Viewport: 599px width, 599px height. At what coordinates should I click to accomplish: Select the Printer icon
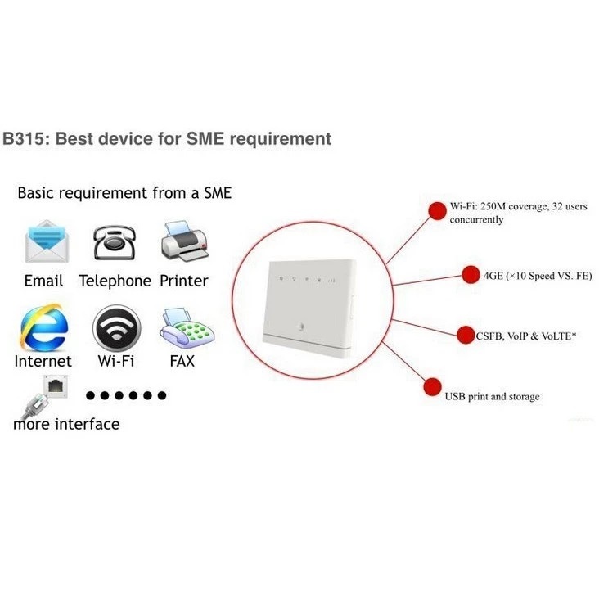[x=185, y=241]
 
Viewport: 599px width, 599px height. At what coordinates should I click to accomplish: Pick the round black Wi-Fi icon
[x=115, y=328]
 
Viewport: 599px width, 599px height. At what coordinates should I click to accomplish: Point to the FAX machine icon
[x=184, y=328]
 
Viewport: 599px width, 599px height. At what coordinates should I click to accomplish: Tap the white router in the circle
[x=309, y=306]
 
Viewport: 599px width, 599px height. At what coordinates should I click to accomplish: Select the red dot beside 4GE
[x=470, y=275]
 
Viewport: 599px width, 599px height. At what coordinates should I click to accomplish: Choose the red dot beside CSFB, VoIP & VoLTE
[x=465, y=334]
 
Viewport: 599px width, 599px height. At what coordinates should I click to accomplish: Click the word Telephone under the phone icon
[x=115, y=281]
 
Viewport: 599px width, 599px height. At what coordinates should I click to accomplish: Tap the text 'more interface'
[x=66, y=424]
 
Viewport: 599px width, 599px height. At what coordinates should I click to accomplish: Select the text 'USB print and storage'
[x=492, y=397]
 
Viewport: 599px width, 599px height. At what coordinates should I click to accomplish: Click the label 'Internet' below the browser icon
[x=43, y=360]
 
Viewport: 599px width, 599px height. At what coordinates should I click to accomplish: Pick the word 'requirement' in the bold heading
[x=280, y=138]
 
